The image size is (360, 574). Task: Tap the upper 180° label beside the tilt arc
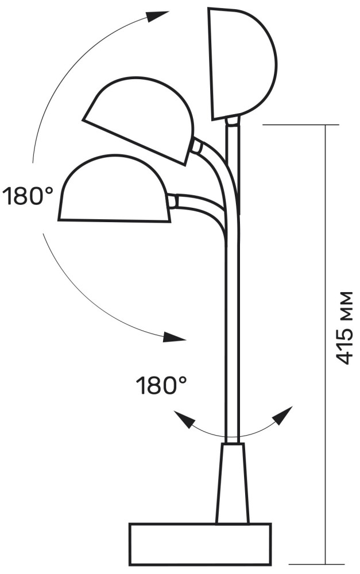(28, 196)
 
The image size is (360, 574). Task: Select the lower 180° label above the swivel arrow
(161, 386)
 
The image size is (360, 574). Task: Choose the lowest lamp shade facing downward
(114, 188)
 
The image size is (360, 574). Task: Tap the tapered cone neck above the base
(233, 483)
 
